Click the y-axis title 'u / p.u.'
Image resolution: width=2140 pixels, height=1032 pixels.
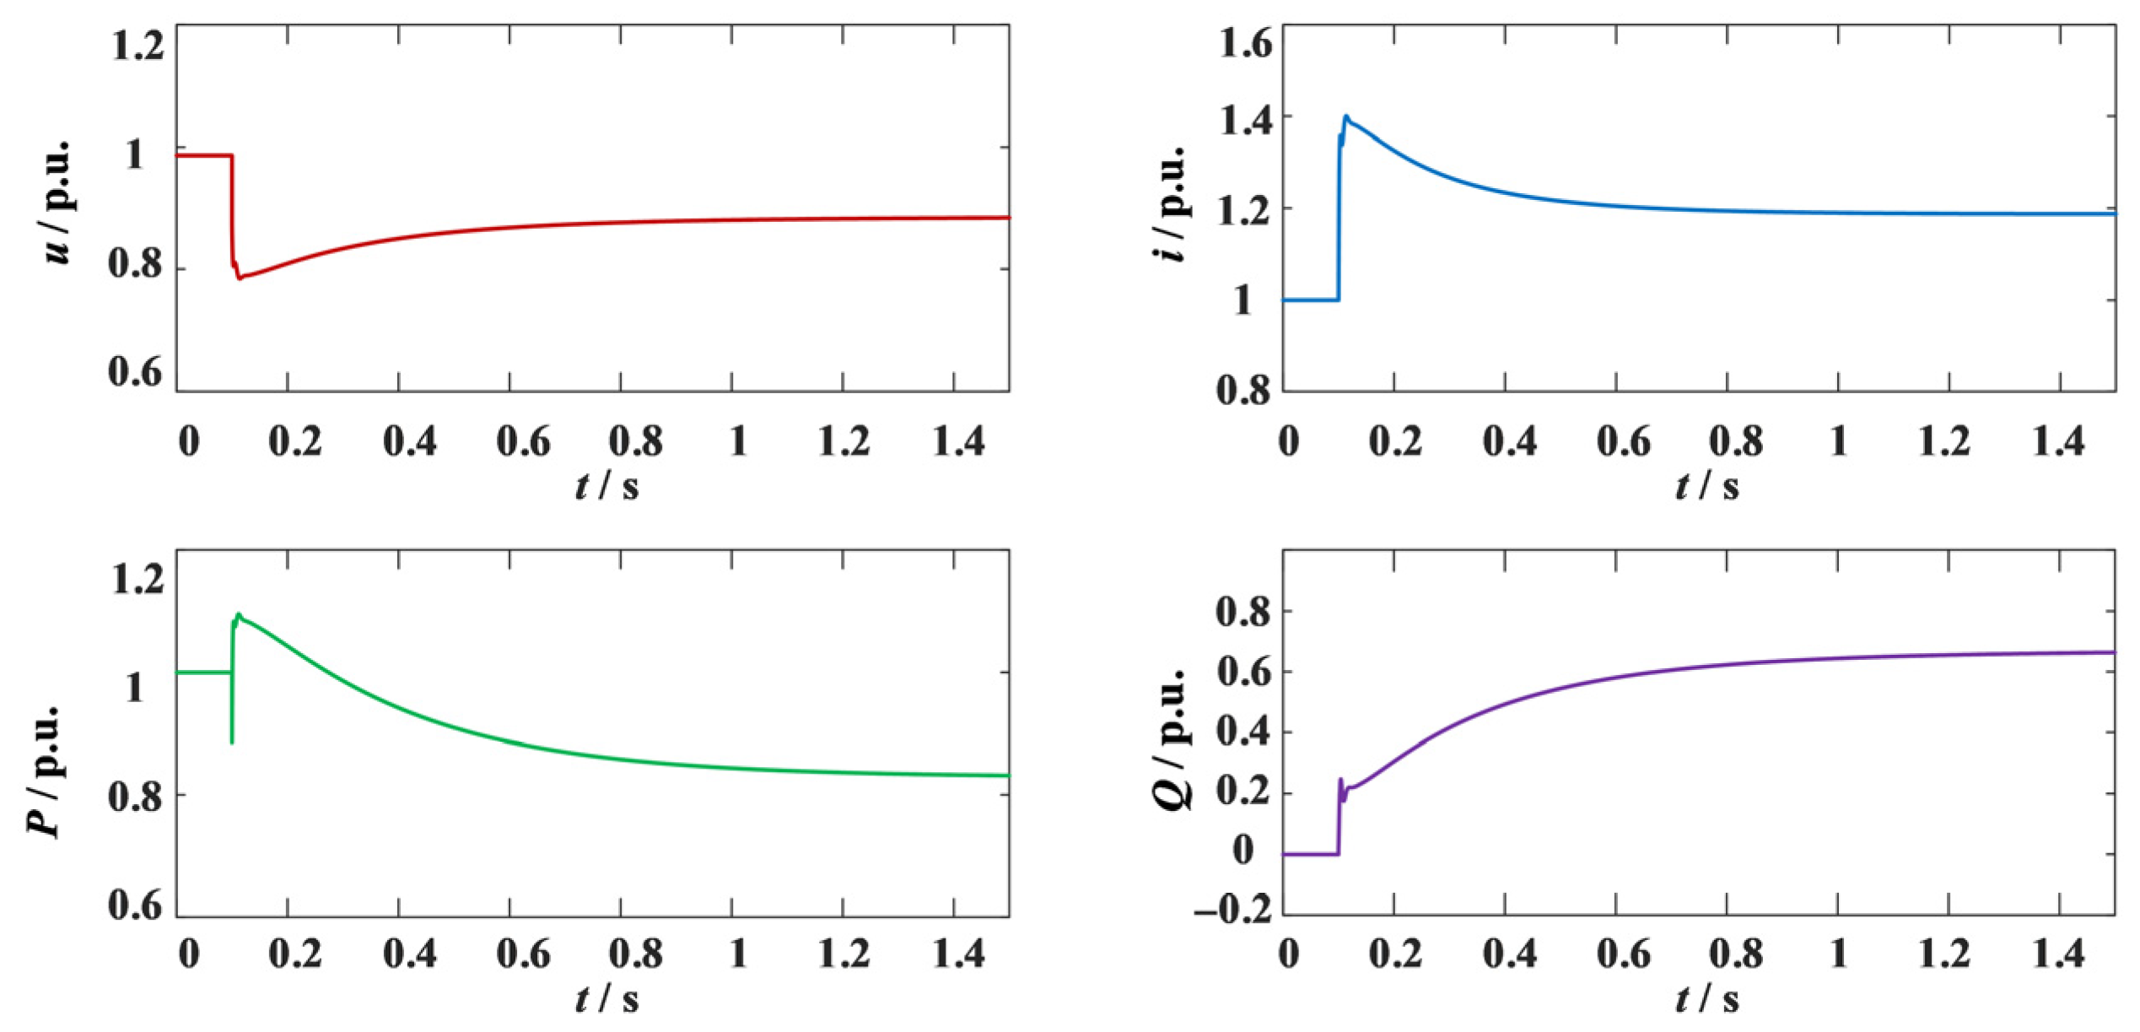pyautogui.click(x=57, y=202)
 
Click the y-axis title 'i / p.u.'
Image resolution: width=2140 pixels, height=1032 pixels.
pyautogui.click(x=1171, y=203)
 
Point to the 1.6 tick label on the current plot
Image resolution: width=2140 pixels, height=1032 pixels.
pyautogui.click(x=1245, y=43)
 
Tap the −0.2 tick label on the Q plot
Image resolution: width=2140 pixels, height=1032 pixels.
pyautogui.click(x=1232, y=910)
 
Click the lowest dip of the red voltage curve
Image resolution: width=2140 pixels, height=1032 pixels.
pyautogui.click(x=240, y=278)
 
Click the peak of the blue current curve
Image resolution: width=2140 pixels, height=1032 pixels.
pyautogui.click(x=1346, y=116)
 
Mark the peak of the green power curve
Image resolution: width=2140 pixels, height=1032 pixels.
pyautogui.click(x=239, y=614)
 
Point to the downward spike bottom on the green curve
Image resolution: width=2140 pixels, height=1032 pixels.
pyautogui.click(x=232, y=742)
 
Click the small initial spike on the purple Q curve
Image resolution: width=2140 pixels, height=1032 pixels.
pyautogui.click(x=1340, y=780)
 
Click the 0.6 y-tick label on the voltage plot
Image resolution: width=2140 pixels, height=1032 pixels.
pyautogui.click(x=135, y=372)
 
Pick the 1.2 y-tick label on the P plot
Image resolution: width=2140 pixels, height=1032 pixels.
pyautogui.click(x=137, y=581)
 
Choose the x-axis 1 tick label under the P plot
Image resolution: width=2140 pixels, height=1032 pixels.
pyautogui.click(x=738, y=954)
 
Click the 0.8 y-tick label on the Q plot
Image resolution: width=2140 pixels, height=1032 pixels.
pyautogui.click(x=1243, y=611)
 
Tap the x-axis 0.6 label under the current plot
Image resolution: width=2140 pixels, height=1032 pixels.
pyautogui.click(x=1624, y=441)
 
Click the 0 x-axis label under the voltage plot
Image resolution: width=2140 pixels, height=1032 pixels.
pyautogui.click(x=189, y=441)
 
